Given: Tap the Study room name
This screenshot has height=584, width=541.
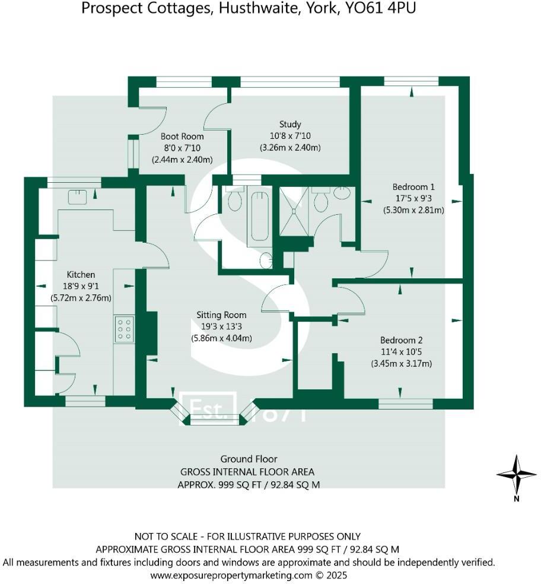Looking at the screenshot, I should click(290, 125).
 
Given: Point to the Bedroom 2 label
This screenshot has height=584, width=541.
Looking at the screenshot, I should click(401, 341).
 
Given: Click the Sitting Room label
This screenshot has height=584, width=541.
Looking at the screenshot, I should click(221, 315).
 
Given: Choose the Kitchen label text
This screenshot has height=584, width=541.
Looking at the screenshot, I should click(81, 275).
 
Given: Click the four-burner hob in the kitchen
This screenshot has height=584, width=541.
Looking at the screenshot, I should click(125, 328).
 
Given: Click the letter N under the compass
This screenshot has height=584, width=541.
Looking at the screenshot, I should click(517, 499).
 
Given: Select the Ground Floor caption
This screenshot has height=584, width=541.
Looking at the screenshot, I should click(249, 459).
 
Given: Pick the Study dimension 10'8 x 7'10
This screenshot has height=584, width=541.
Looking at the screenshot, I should click(290, 136).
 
